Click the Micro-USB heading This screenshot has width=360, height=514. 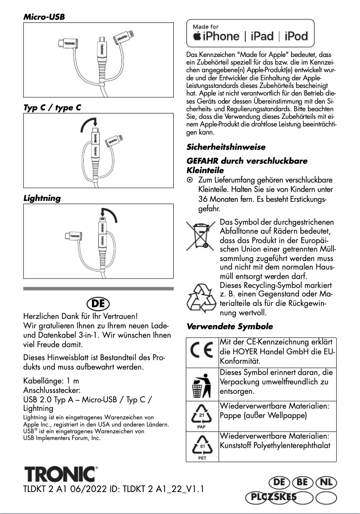(44, 17)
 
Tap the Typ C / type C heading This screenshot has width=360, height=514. (52, 108)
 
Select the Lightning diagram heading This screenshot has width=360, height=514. (42, 198)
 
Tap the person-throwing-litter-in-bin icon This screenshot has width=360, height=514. (202, 383)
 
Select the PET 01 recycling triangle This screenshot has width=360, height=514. (202, 446)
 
